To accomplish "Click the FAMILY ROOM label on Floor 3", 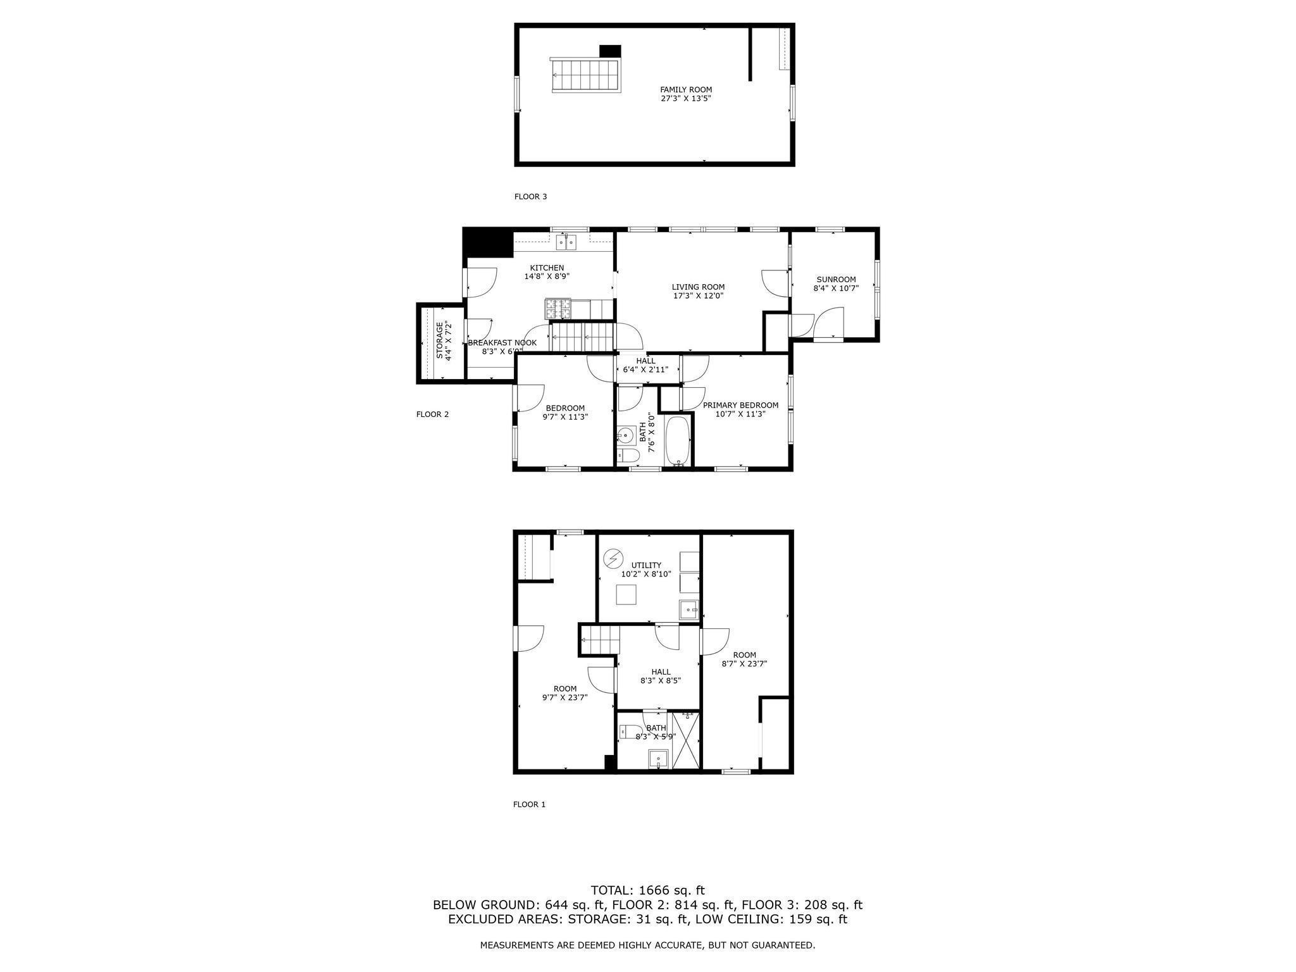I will (686, 90).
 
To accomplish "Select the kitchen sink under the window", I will (567, 242).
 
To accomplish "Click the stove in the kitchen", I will (558, 308).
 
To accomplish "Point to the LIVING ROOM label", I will (698, 287).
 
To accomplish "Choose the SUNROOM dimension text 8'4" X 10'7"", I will (835, 288).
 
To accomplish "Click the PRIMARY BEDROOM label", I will (740, 405).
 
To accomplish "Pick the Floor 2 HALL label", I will (645, 361).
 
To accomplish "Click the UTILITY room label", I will (646, 565).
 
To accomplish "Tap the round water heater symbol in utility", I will (613, 559).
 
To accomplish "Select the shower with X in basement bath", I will (686, 740).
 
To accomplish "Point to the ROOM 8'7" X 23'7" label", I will (744, 659).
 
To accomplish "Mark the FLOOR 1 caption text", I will (529, 804).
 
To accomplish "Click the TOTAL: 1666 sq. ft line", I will (647, 890).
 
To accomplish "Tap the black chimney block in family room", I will (610, 51).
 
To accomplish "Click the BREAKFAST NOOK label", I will (502, 343).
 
